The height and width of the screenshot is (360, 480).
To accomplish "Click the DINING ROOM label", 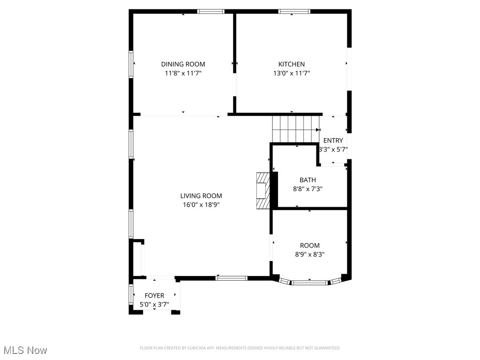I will coord(183,64).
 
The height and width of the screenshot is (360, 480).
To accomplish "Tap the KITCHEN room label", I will coord(292,64).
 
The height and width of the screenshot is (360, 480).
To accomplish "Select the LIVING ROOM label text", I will coord(201,196).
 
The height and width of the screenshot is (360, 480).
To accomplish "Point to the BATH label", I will coord(307,180).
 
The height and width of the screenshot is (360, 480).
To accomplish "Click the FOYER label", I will coord(154,295).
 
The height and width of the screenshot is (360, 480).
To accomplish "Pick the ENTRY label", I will coord(333,141).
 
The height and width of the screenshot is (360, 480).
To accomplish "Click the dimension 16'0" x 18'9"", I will coord(201,205).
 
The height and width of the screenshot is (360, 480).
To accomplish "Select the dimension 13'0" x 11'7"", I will coord(292,73).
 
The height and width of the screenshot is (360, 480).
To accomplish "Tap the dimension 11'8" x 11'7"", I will coord(183,73).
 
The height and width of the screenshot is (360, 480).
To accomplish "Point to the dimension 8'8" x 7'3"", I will coord(307,189).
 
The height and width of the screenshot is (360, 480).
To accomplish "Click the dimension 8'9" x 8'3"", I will coord(310,255).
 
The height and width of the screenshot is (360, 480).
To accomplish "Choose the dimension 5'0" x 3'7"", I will coord(154,304).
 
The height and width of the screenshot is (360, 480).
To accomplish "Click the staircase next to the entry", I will coord(296,128).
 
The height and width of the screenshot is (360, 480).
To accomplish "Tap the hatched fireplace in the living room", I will coord(263,191).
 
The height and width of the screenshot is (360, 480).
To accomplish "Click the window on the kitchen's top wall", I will coord(294,11).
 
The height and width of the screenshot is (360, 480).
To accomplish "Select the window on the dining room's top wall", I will coord(210,11).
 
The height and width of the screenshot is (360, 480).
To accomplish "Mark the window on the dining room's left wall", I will coord(131,63).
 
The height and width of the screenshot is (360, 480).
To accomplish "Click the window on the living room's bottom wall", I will coord(231,278).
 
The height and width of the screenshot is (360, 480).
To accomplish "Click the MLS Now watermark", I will coord(25,350).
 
